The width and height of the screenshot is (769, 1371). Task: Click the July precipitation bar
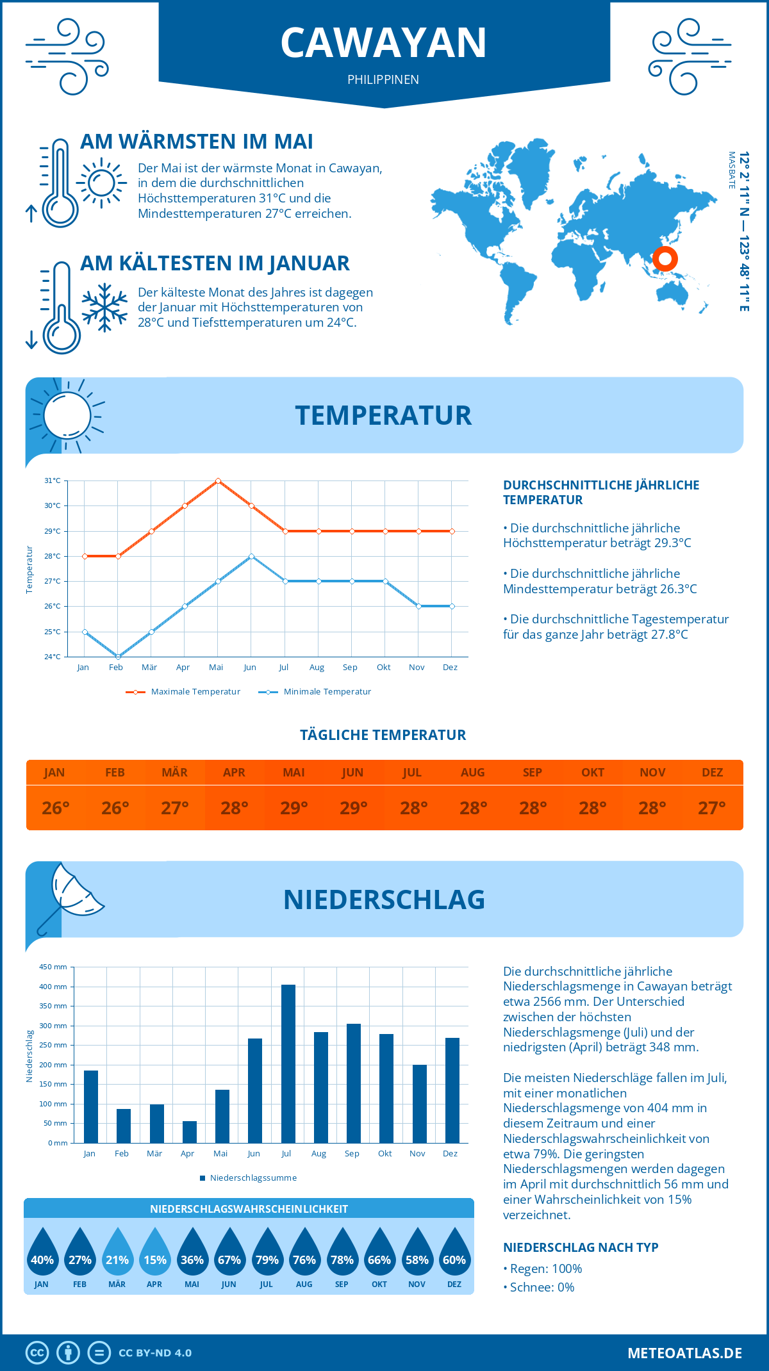point(288,1063)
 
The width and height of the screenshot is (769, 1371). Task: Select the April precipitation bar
point(190,1132)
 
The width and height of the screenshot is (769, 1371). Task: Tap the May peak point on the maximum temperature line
point(219,480)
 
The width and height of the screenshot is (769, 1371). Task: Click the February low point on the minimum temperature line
point(118,657)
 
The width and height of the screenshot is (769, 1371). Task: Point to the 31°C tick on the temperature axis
point(53,480)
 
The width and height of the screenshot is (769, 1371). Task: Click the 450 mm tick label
point(53,967)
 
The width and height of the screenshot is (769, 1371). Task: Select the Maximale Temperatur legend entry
point(183,692)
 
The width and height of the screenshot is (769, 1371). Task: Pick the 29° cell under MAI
point(294,808)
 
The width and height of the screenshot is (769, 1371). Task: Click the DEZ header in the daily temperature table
point(713,773)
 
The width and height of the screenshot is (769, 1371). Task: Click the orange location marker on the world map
point(665,259)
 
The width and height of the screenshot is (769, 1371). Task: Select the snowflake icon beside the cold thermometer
point(104,308)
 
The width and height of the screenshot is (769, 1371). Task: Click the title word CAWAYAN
point(384,43)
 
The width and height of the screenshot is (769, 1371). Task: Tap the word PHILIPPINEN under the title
point(383,79)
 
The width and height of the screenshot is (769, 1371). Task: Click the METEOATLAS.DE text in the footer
point(684,1353)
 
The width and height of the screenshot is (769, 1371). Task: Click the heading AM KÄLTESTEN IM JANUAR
point(215,263)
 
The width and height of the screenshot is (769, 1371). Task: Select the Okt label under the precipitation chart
point(384,1153)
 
